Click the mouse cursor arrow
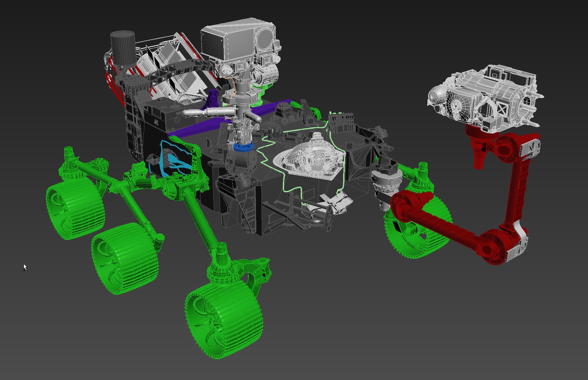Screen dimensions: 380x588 [25, 267]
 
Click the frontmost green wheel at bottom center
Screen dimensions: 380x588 [224, 320]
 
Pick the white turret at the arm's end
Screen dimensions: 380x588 [486, 95]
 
